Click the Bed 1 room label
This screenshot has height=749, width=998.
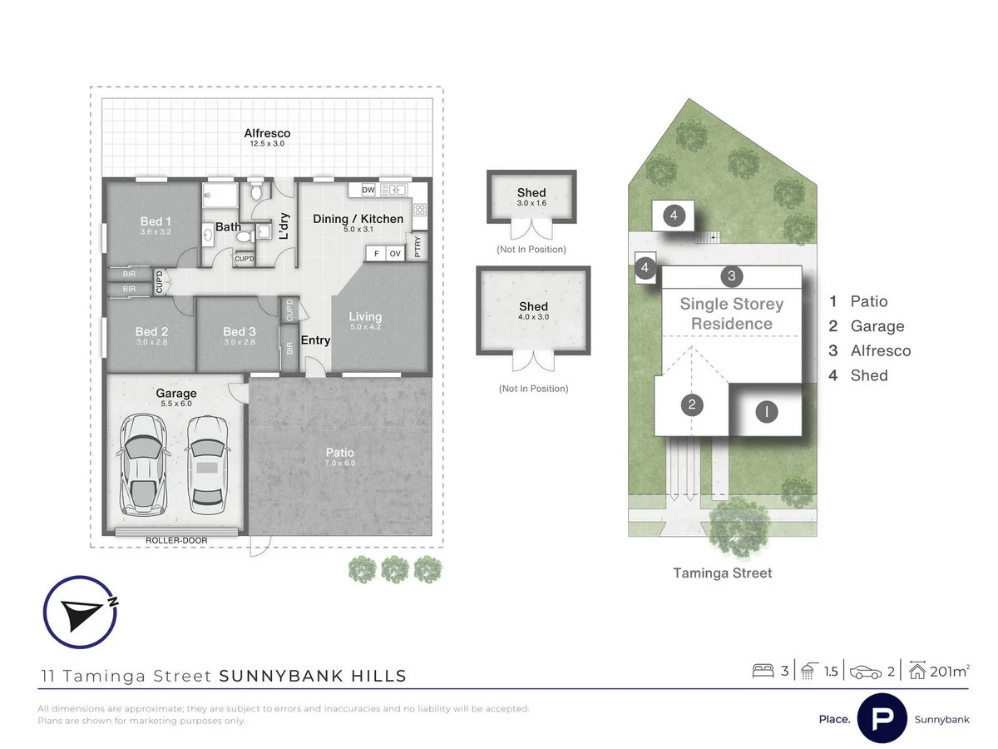point(156,221)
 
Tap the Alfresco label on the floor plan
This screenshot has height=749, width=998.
point(267,133)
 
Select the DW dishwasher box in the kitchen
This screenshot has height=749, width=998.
point(368,191)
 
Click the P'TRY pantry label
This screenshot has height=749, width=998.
point(417,247)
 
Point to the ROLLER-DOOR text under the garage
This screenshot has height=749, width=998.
point(176,540)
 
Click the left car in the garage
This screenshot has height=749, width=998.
point(144,464)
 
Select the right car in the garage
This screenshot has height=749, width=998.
point(207,464)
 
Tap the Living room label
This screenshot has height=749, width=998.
point(365,316)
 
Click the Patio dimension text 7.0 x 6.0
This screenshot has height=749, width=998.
point(339,463)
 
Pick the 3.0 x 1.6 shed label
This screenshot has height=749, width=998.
point(531,203)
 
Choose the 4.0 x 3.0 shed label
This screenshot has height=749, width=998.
point(532,317)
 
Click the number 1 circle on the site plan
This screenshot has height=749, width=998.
point(766,411)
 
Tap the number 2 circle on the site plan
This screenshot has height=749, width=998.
point(692,405)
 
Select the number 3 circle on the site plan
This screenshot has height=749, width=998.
point(731,275)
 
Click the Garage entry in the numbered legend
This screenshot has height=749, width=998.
point(877,326)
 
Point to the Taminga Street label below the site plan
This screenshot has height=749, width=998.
point(723,573)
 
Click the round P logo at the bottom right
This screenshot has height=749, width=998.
point(882,718)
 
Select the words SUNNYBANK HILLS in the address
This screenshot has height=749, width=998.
point(313,676)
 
